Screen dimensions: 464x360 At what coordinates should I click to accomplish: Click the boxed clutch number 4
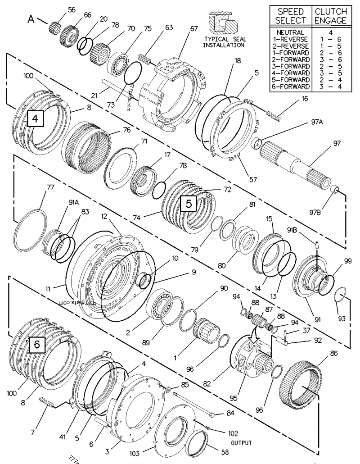(x=35, y=119)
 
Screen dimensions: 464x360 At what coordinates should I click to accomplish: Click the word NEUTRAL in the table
(x=291, y=32)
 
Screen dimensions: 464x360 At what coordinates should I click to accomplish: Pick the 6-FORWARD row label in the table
(x=291, y=86)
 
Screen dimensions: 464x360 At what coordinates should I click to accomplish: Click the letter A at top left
(x=31, y=19)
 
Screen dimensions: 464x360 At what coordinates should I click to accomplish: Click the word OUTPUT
(x=242, y=443)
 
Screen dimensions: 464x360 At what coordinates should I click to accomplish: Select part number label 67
(x=193, y=28)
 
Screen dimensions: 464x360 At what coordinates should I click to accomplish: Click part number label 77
(x=38, y=186)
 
